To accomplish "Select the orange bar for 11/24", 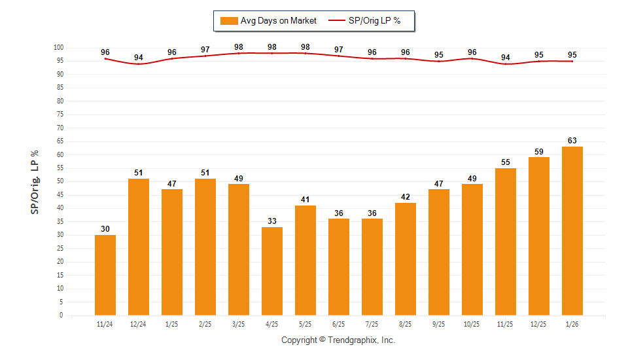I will pos(105,275).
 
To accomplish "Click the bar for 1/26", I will pos(572,231).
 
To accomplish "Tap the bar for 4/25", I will pos(272,271).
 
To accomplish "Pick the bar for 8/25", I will pos(406,259).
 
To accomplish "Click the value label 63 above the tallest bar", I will pos(572,140).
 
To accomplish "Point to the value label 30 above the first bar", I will pos(105,228).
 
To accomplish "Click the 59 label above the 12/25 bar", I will pos(539,151).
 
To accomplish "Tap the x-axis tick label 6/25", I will pos(339,324).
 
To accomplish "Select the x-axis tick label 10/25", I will pos(472,324).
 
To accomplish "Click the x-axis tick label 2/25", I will pos(205,324).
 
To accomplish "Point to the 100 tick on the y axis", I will pos(58,48).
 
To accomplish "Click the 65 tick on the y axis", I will pos(60,141).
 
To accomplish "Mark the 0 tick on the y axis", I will pos(61,315).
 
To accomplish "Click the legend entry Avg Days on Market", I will pos(269,21).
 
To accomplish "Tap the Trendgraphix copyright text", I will pos(338,340).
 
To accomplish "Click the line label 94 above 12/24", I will pos(139,58).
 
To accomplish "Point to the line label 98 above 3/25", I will pos(239,47).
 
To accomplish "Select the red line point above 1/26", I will pos(572,62).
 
